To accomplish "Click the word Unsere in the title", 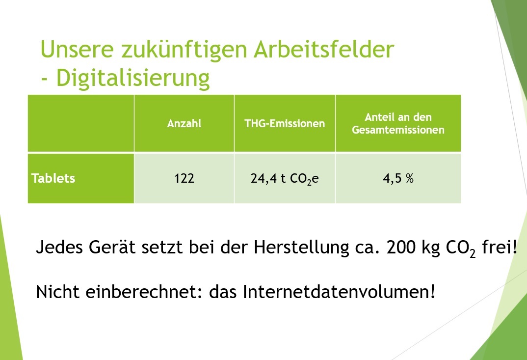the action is tap(77, 49).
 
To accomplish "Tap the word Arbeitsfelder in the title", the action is tap(324, 49).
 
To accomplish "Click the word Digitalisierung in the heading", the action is tap(133, 78).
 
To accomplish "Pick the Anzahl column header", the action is tap(184, 123).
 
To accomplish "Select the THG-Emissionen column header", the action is tap(285, 123).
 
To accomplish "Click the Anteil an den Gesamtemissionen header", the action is tap(398, 123).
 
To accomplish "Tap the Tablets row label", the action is tap(53, 178).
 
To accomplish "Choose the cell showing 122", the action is tap(184, 178).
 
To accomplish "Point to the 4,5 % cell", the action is tap(398, 178).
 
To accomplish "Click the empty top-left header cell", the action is tap(81, 123).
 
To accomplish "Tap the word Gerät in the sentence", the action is tap(112, 248).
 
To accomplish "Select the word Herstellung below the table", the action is tap(301, 248).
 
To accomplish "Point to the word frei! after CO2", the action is tap(500, 247).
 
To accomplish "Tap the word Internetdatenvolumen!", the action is tap(339, 291).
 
